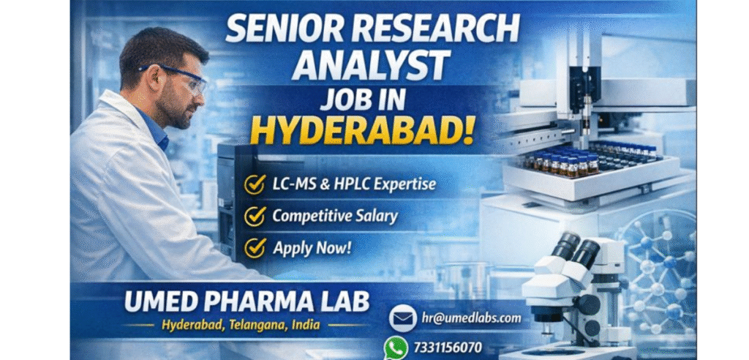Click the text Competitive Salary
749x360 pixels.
point(335,216)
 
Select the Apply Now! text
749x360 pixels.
point(312,247)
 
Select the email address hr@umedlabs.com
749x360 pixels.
point(472,318)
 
